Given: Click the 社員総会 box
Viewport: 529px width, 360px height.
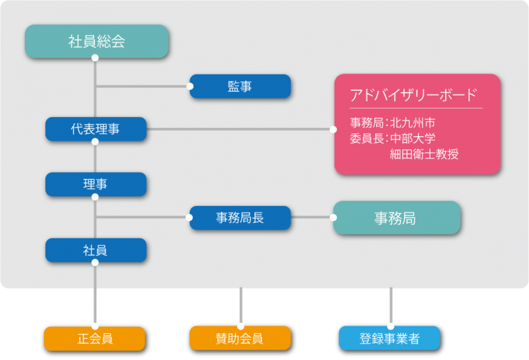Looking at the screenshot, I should [x=97, y=41].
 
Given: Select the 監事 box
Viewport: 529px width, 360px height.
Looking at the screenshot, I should [x=240, y=86].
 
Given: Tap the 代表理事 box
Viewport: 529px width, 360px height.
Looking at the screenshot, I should [x=96, y=129].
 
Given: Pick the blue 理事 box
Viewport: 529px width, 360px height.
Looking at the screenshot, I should [x=96, y=184].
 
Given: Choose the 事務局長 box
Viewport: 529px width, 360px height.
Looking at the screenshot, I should [x=240, y=218].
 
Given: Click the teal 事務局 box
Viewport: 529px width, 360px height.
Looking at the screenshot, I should [x=396, y=218].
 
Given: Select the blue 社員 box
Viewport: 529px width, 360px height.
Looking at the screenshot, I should [x=96, y=250].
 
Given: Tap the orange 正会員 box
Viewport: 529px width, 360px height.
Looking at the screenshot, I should [x=94, y=338].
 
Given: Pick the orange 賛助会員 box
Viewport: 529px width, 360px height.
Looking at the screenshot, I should [x=240, y=338].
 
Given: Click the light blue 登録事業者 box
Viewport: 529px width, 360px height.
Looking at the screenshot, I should [x=389, y=338].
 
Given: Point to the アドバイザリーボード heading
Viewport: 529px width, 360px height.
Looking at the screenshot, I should [x=413, y=95].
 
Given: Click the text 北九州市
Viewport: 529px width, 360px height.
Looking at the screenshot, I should [x=413, y=123].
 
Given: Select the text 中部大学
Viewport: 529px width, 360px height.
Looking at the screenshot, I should [x=413, y=138].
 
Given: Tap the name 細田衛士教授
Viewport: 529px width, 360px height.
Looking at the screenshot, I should [x=424, y=154].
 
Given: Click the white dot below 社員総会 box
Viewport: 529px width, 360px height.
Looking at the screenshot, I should [x=95, y=57].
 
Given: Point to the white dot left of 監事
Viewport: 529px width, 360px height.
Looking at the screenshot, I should [x=190, y=86].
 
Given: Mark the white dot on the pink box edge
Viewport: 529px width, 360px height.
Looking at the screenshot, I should [x=334, y=129].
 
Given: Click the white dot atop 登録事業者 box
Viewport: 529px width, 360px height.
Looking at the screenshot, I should [x=391, y=326].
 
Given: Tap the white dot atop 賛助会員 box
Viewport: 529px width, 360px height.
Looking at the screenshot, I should [x=240, y=326].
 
